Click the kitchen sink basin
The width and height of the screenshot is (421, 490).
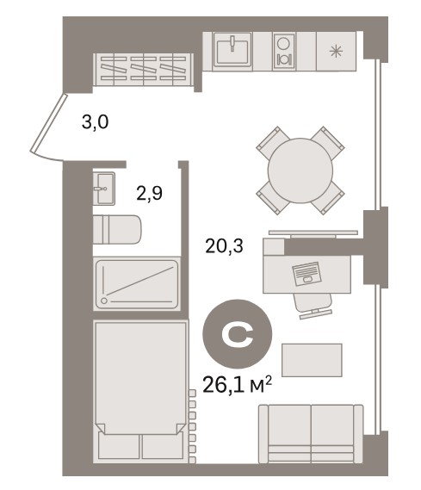(x=232, y=50)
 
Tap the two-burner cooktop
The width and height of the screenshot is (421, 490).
(x=284, y=52)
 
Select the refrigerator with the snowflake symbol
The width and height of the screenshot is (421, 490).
(x=336, y=52)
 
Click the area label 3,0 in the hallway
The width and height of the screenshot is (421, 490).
(x=95, y=122)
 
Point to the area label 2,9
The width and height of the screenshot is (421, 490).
(x=150, y=193)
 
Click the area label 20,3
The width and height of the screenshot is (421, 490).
(x=224, y=246)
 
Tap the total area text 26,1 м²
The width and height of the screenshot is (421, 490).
(x=238, y=385)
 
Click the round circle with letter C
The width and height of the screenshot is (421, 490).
(x=238, y=334)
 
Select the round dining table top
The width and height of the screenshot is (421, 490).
(x=300, y=171)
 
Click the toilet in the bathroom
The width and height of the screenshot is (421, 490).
(x=117, y=229)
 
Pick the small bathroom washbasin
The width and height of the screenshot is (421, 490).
(x=104, y=189)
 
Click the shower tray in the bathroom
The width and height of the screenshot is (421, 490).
(x=137, y=284)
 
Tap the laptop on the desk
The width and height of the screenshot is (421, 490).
(x=306, y=274)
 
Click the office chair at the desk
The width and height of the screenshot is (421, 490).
(x=313, y=306)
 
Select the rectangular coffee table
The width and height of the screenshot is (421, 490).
(x=312, y=360)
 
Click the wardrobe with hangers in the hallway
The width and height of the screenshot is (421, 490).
(x=144, y=70)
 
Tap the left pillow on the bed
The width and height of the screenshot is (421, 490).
(x=119, y=445)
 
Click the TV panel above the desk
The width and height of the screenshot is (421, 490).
(x=313, y=233)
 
